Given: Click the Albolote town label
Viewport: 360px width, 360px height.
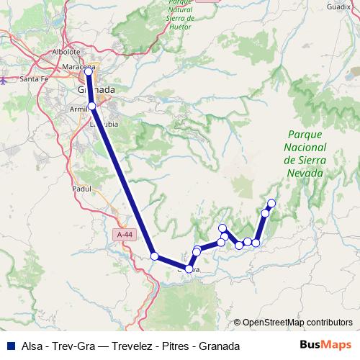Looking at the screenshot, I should coord(66,52).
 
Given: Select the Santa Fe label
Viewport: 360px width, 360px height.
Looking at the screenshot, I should coord(33,78).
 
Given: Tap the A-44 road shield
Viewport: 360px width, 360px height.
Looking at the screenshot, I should coord(124,235).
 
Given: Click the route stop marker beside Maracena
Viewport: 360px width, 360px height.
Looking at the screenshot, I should coord(89,71).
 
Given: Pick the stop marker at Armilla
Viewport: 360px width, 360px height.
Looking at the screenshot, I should coord(91,107).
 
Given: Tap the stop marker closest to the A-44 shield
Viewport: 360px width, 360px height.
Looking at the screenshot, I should coord(154,256).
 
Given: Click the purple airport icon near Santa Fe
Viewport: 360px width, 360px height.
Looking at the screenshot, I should coord(4,80).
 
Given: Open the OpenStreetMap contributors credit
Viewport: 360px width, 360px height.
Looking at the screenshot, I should coord(297,323).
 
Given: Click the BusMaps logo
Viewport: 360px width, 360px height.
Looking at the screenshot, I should coord(325,346).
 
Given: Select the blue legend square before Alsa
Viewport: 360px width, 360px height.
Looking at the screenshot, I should coord(11,346).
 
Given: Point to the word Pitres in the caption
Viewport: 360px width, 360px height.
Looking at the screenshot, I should coord(172,346).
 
